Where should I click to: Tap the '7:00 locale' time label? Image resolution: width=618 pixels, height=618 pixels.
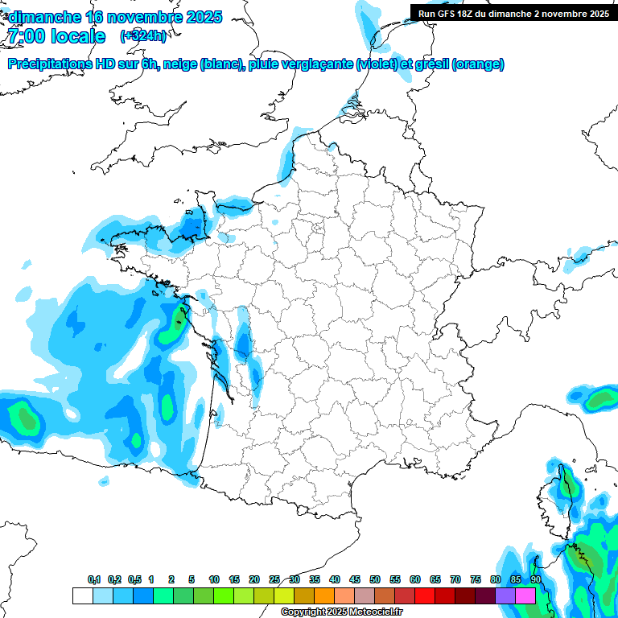click(x=56, y=36)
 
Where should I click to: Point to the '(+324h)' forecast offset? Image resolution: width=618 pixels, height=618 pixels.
click(x=143, y=36)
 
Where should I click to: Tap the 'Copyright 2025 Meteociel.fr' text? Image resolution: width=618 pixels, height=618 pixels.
click(x=341, y=612)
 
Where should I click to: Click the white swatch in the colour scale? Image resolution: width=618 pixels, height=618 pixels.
click(x=82, y=595)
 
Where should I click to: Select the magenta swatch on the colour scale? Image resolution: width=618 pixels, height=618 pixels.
click(x=525, y=595)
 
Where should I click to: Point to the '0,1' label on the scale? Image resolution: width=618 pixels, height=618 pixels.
click(x=94, y=579)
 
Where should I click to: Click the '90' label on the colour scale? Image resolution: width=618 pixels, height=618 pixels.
click(x=535, y=579)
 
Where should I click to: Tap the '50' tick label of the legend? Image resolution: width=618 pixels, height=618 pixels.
click(x=375, y=579)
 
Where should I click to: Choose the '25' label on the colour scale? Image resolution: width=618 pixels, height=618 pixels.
click(x=274, y=579)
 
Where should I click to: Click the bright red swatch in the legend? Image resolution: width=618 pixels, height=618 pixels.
click(x=425, y=595)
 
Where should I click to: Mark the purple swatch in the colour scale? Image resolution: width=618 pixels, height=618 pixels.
click(x=505, y=595)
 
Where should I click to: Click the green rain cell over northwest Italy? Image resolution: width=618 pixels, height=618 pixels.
click(x=600, y=398)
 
